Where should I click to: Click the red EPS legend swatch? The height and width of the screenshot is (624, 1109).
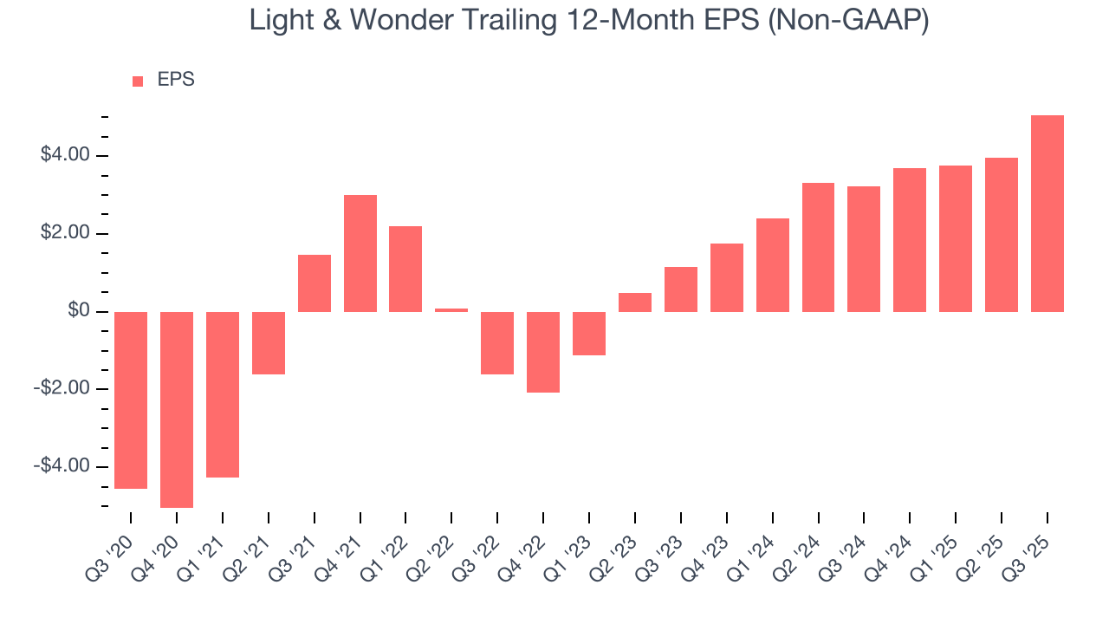point(138,81)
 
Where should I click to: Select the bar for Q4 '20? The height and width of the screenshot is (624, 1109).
point(177,409)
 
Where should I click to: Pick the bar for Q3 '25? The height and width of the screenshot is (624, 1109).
point(1047,213)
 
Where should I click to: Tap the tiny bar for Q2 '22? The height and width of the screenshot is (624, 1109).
point(451,309)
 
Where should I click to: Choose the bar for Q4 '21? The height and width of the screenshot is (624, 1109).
point(360,253)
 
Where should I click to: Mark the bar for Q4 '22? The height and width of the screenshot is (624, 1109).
point(543,352)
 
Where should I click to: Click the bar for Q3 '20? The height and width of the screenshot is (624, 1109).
point(131,400)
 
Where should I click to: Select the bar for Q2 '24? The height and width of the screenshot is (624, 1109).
point(818,247)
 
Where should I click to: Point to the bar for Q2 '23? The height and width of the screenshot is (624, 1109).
point(635,302)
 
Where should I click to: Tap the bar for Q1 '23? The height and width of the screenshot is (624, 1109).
point(589,334)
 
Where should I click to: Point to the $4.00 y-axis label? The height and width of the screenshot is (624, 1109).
point(65,155)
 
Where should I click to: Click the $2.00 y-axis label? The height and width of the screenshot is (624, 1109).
point(65,233)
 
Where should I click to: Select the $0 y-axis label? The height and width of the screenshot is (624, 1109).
point(79,310)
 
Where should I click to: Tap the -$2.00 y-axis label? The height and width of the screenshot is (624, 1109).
point(62,388)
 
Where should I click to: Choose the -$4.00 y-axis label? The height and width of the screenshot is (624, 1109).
point(62,466)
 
